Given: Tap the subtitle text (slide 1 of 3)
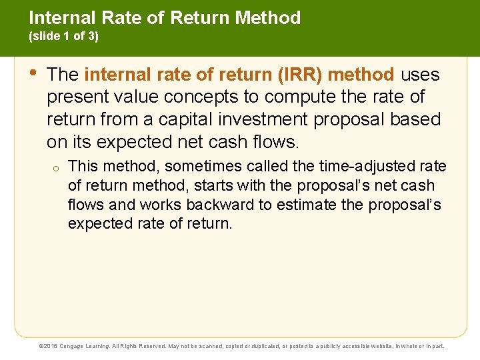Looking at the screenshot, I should (x=63, y=37).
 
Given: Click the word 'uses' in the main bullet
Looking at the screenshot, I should (x=420, y=74).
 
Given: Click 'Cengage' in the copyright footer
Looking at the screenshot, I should (x=75, y=346).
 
